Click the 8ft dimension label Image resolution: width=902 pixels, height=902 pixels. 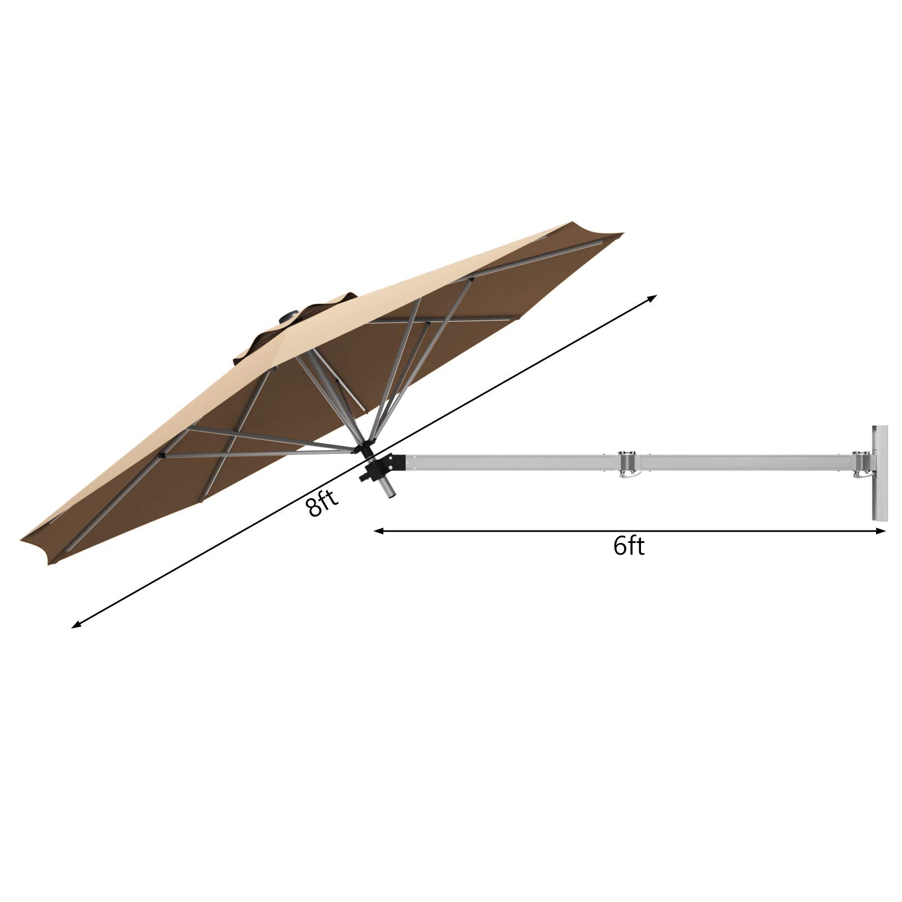(x=322, y=503)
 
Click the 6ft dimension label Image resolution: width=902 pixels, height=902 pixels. (x=629, y=546)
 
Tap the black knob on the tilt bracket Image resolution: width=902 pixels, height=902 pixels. (x=364, y=477)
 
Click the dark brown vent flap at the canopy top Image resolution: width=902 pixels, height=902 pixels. (x=316, y=316)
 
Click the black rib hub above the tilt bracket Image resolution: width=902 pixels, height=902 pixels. (x=365, y=449)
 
